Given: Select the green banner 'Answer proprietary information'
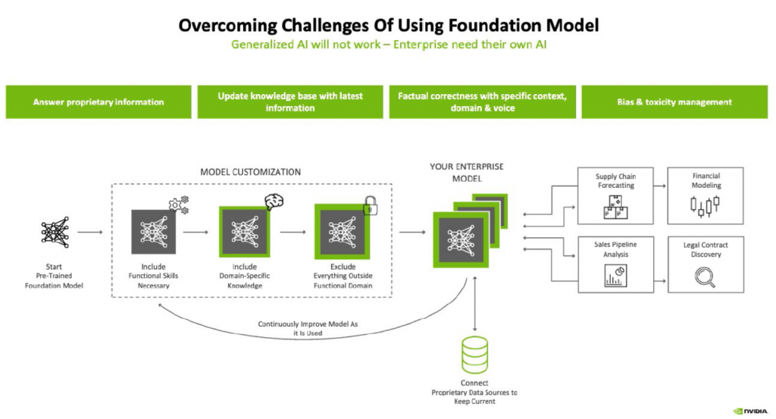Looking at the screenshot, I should coord(99,102).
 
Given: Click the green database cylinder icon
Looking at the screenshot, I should coord(475,355).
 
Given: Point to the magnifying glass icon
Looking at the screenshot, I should coord(706,277).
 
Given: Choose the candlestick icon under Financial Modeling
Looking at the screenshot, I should coord(706,205).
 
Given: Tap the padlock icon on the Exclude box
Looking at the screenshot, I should coord(371,205).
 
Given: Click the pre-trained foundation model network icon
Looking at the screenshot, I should coord(53,233).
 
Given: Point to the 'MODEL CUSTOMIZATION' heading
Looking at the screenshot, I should coord(250,172).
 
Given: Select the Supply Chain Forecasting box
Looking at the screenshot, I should coord(615,196).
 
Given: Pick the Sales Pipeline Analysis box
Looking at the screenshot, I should coord(615,264).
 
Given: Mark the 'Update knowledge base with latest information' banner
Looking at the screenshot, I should coord(290,102).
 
